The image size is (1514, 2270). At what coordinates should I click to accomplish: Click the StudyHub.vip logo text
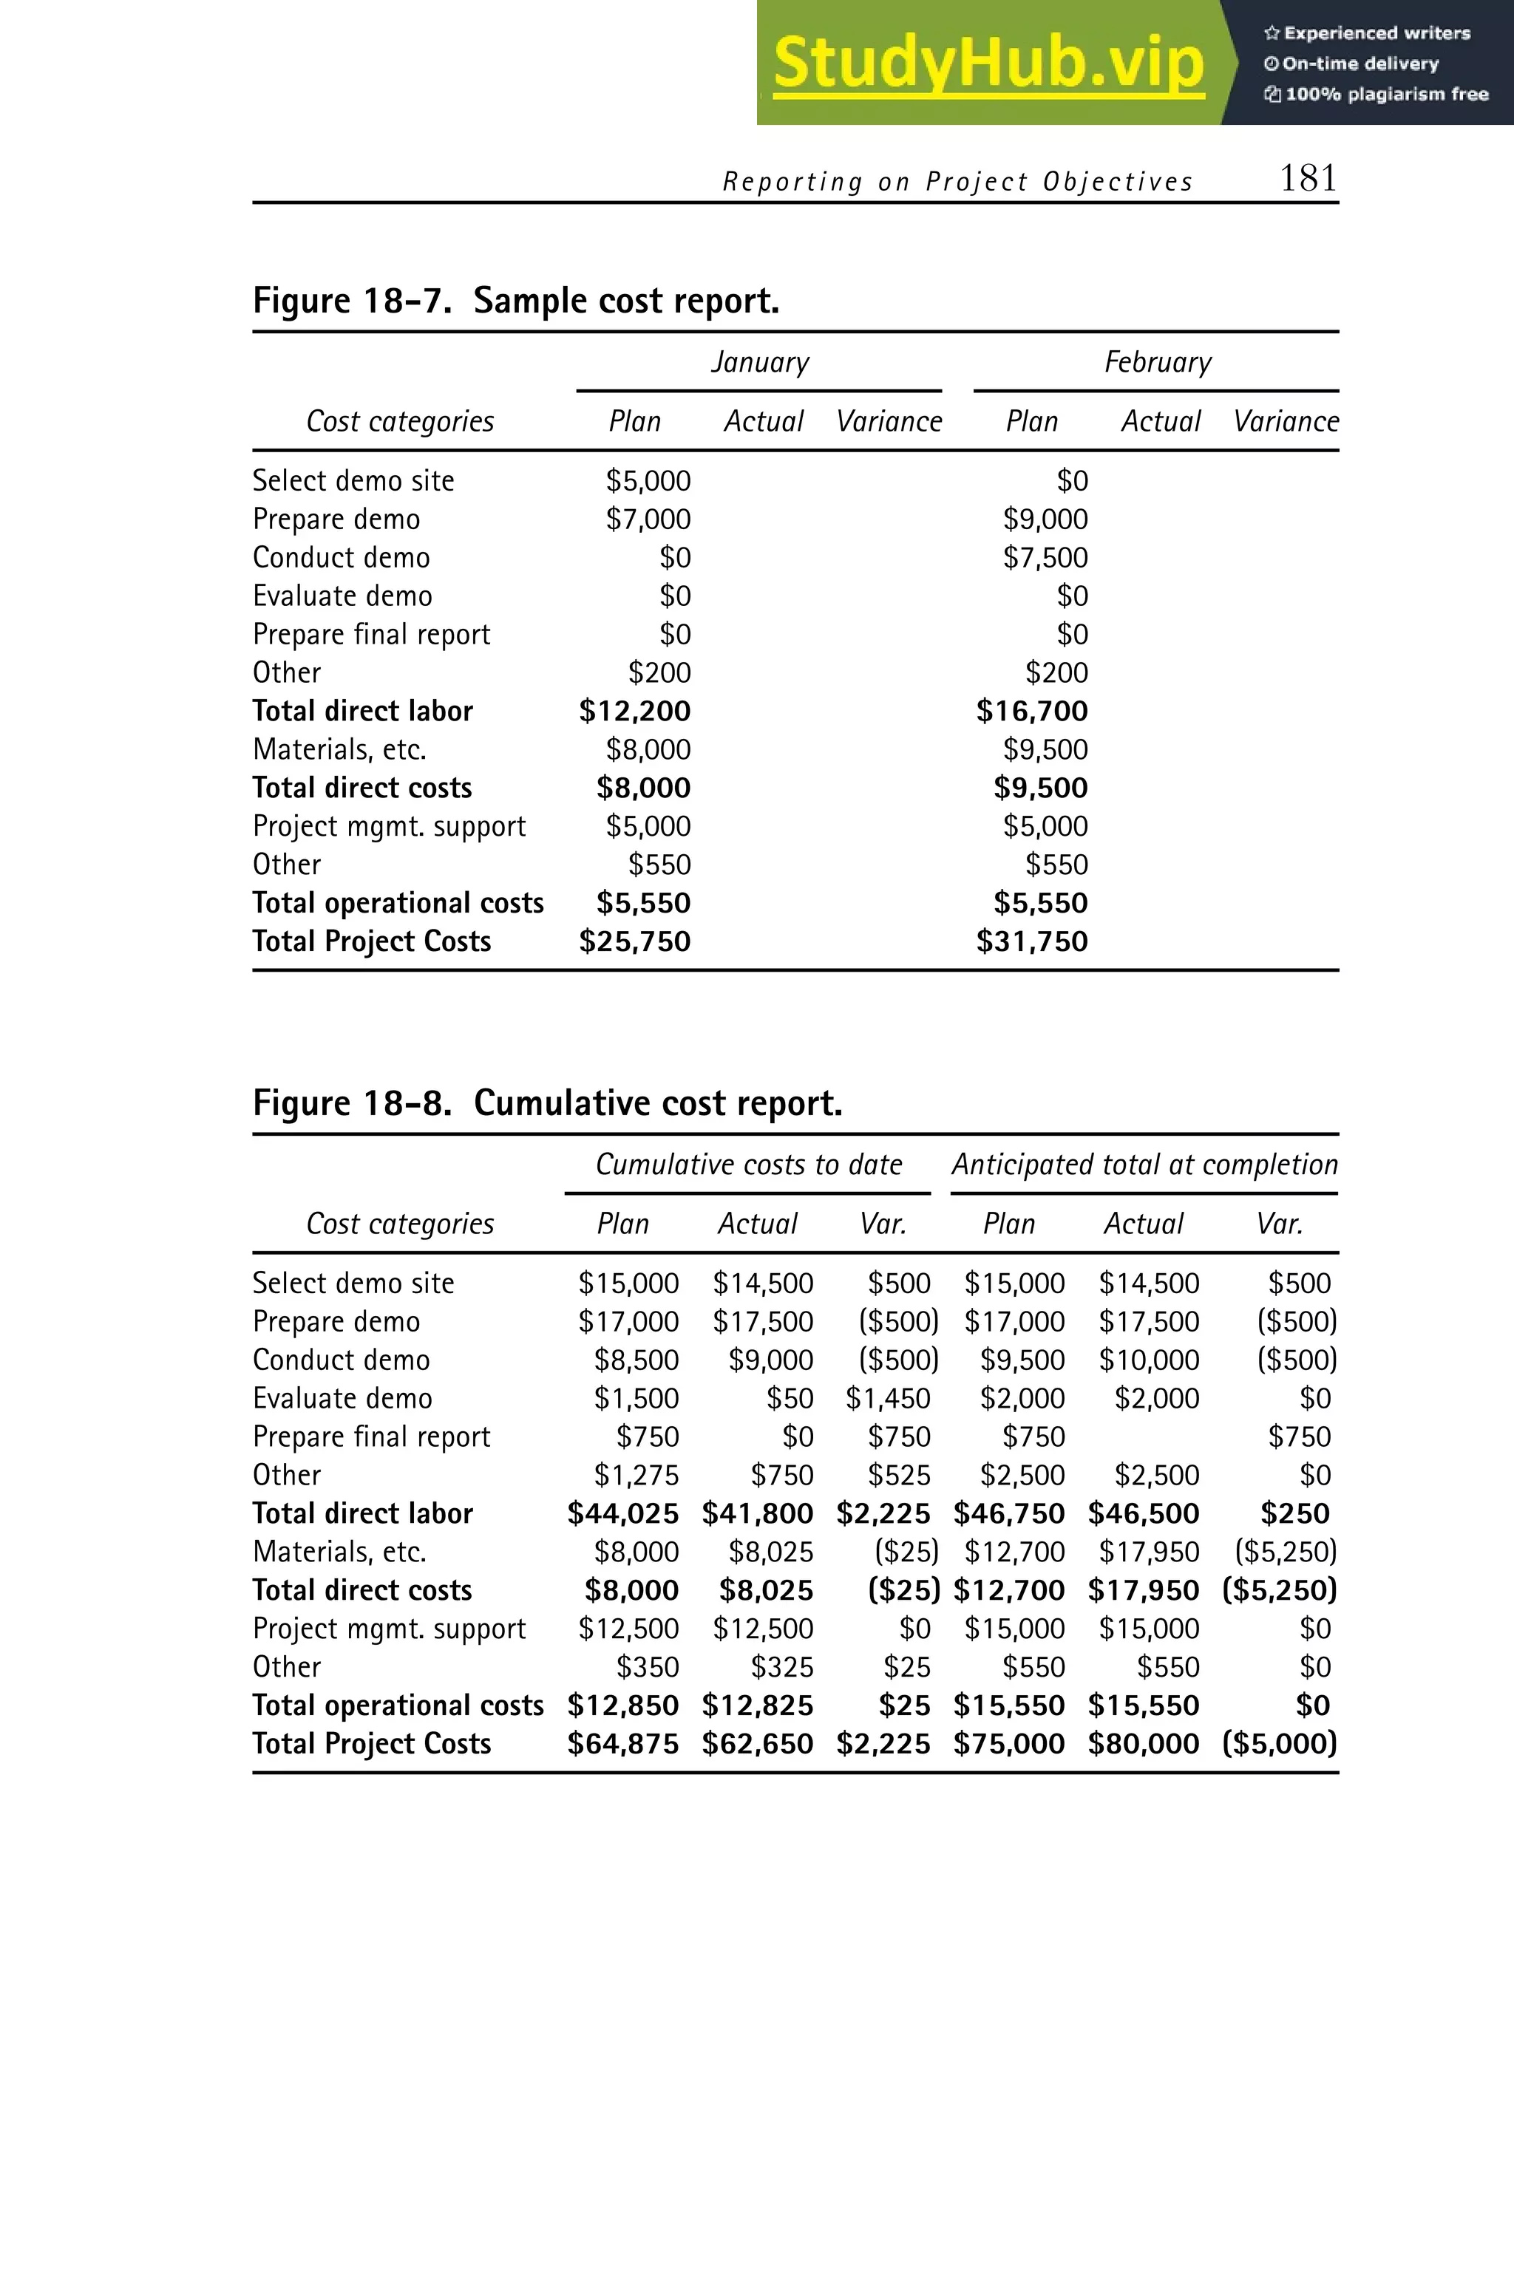pos(988,64)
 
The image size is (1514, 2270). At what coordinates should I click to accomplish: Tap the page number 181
pos(1308,179)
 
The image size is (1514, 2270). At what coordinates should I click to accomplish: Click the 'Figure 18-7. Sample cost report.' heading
pos(515,301)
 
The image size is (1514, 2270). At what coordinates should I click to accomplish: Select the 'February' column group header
pos(1158,362)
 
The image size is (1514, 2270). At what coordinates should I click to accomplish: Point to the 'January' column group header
pos(760,362)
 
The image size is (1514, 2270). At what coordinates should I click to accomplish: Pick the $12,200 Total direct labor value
pos(634,712)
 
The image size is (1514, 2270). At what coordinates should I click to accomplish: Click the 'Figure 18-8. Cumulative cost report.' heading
pos(548,1103)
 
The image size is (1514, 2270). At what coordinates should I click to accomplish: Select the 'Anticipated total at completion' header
pos(1145,1165)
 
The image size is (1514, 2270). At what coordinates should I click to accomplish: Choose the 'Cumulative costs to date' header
pos(748,1165)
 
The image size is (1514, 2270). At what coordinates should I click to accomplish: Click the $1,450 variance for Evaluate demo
pos(887,1399)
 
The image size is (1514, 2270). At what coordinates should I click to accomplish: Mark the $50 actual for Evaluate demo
pos(789,1399)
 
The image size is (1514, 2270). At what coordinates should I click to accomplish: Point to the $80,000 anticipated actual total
pos(1143,1744)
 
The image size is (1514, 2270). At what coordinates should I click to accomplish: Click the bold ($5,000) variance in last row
pos(1280,1744)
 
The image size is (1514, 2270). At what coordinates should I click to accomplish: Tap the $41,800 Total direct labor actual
pos(757,1513)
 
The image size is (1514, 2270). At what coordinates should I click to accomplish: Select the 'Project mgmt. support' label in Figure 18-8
pos(389,1629)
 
